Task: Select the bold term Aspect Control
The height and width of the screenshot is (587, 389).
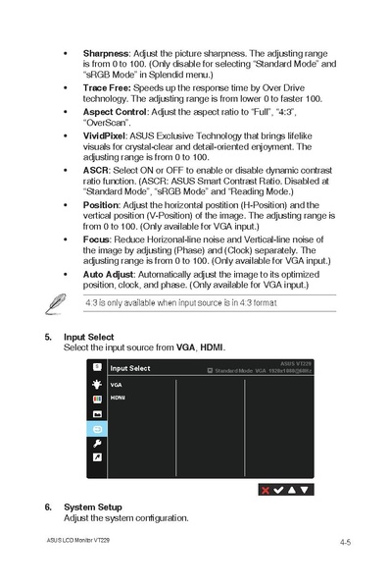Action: coord(115,113)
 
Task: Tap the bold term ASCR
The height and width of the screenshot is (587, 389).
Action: coord(96,171)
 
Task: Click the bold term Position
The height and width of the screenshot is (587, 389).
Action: coord(101,205)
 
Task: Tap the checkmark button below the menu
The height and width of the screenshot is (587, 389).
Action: coord(278,488)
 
